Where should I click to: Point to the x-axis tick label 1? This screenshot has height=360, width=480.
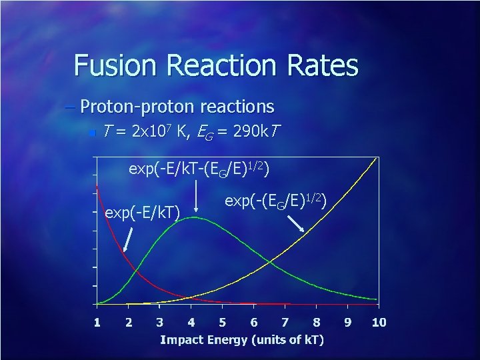click(97, 323)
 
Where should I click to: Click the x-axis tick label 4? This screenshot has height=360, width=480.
click(191, 323)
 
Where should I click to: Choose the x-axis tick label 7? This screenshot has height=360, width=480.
click(285, 323)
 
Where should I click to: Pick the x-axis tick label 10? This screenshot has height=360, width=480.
click(378, 323)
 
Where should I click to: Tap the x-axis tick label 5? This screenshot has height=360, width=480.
click(223, 323)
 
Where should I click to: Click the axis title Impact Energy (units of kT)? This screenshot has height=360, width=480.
click(242, 340)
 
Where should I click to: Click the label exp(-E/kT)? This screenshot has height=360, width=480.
click(143, 213)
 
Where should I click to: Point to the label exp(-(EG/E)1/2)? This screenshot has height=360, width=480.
click(275, 199)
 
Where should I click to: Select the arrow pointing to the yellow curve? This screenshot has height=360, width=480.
click(297, 223)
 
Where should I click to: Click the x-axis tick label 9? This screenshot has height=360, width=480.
click(348, 323)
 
